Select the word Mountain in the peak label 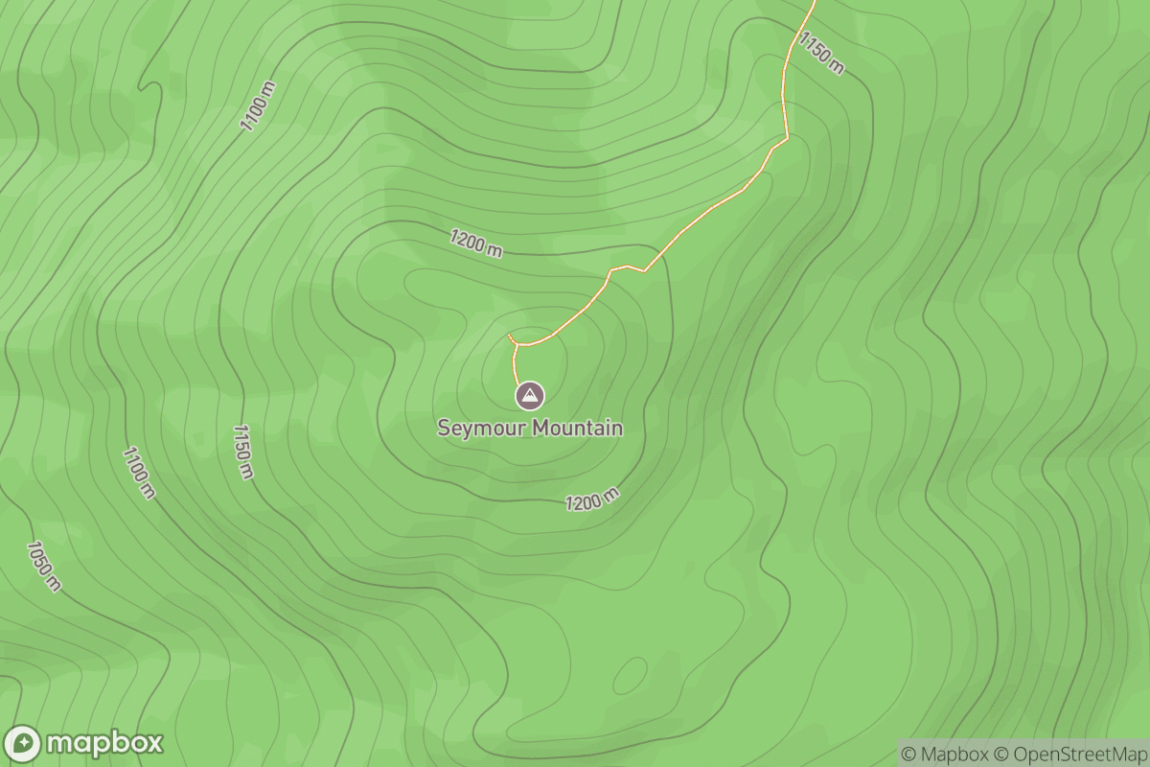[577, 429]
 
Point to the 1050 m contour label [43, 566]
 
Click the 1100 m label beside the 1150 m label [138, 472]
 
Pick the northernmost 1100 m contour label [258, 106]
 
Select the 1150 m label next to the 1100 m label [242, 451]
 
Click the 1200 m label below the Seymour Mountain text [592, 500]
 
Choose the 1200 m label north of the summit [476, 243]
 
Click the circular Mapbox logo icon [23, 744]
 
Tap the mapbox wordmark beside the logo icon [104, 744]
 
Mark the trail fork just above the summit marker [517, 343]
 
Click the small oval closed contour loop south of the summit [630, 675]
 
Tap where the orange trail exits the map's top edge [814, 2]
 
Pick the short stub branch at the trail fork [511, 337]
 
